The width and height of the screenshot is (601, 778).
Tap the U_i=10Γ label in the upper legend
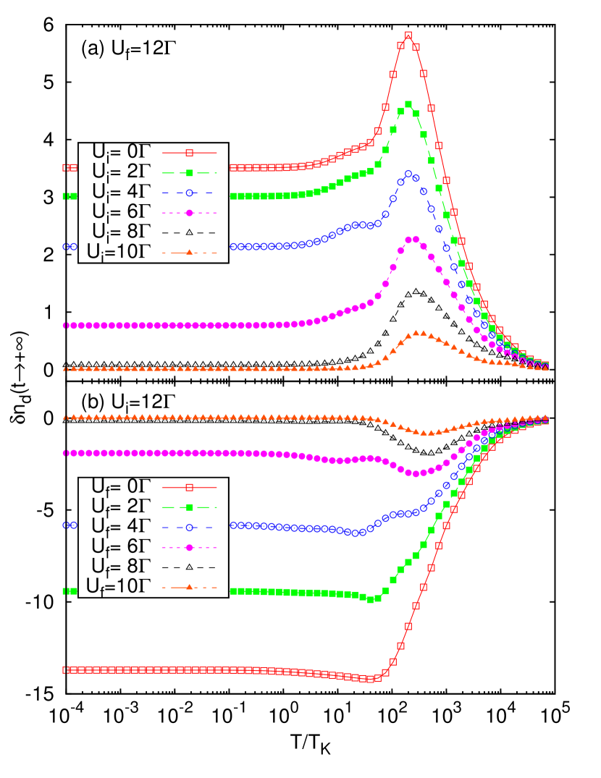118,251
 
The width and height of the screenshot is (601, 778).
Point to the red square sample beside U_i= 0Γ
189,153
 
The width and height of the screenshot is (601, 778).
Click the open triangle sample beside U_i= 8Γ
189,232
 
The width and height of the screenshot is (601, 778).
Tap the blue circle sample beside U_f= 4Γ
189,526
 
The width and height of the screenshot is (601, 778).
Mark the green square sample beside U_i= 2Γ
189,172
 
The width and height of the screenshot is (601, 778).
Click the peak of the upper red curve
408,35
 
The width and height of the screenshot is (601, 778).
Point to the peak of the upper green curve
408,104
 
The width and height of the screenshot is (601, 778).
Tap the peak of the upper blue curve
408,174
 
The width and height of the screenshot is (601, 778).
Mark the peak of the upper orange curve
419,333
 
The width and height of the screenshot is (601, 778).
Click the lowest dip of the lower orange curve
427,433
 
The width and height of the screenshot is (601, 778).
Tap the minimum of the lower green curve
371,600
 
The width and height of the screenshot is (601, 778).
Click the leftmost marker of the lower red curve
65,670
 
